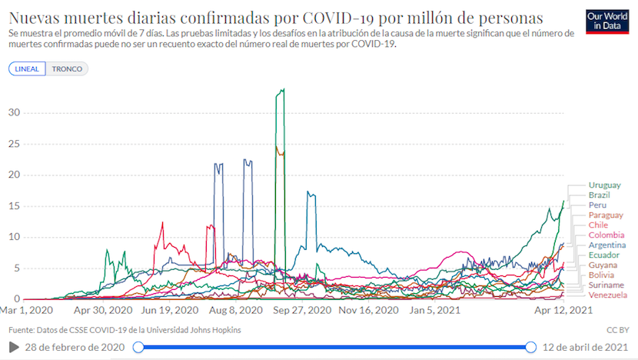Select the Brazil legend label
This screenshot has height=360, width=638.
(599, 195)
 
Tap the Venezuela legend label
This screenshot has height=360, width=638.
(608, 295)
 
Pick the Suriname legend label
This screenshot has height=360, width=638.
(606, 285)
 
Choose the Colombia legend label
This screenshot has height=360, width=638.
(606, 235)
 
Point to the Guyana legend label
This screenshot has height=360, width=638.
(603, 265)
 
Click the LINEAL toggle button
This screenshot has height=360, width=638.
(27, 68)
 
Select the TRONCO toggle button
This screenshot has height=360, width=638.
(67, 68)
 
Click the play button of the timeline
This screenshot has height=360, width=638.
(14, 348)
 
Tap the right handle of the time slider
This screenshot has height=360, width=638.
(530, 348)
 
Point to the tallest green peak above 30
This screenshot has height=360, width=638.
(281, 90)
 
